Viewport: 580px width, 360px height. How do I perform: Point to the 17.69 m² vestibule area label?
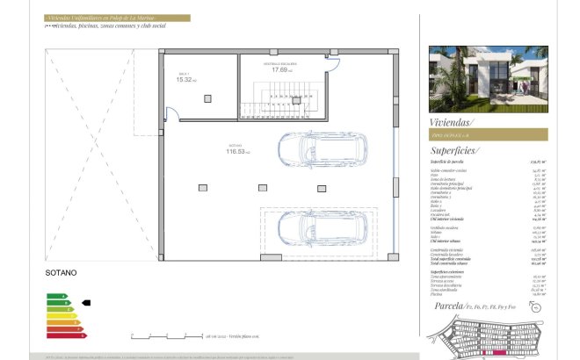[281, 70]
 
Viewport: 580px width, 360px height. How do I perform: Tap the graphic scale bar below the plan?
[167, 335]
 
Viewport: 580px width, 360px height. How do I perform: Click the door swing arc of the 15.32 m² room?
[172, 113]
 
